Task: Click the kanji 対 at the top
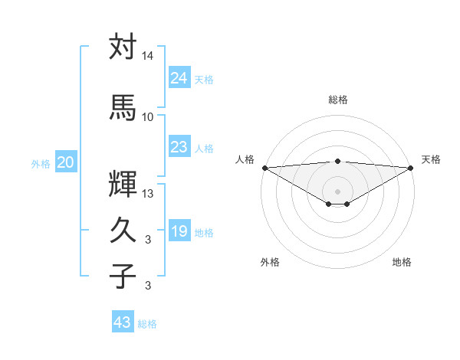pyautogui.click(x=123, y=47)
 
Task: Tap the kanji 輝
pyautogui.click(x=123, y=184)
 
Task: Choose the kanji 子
pyautogui.click(x=123, y=275)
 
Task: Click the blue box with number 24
pyautogui.click(x=179, y=78)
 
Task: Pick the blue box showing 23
pyautogui.click(x=179, y=147)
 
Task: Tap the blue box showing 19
pyautogui.click(x=179, y=231)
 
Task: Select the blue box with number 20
pyautogui.click(x=66, y=162)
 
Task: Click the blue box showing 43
pyautogui.click(x=122, y=322)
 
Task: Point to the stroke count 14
pyautogui.click(x=148, y=57)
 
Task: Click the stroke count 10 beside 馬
pyautogui.click(x=148, y=116)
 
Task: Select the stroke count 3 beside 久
pyautogui.click(x=148, y=240)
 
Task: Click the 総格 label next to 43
pyautogui.click(x=147, y=324)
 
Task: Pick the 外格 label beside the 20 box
pyautogui.click(x=41, y=164)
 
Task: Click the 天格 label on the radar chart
pyautogui.click(x=431, y=159)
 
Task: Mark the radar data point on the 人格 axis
pyautogui.click(x=264, y=168)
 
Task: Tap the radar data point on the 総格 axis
pyautogui.click(x=337, y=161)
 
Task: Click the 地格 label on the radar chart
pyautogui.click(x=402, y=262)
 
